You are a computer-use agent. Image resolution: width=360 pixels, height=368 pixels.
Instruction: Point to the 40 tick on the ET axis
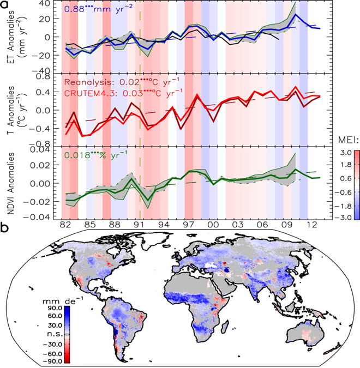pyautogui.click(x=52, y=4)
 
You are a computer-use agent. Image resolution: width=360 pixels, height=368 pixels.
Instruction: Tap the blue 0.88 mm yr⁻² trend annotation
pyautogui.click(x=95, y=10)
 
